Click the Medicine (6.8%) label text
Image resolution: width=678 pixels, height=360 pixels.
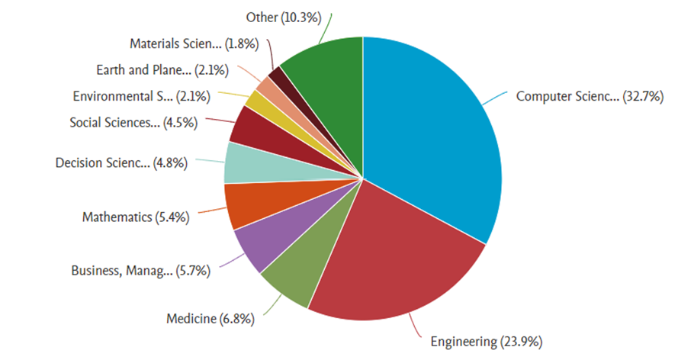click(x=210, y=318)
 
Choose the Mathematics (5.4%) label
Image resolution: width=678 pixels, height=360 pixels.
click(x=136, y=217)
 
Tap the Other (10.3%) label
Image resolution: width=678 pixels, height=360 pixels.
click(x=284, y=16)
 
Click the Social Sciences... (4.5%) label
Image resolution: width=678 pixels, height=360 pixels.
click(x=133, y=122)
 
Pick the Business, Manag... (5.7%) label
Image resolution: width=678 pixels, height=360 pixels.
click(x=140, y=270)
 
